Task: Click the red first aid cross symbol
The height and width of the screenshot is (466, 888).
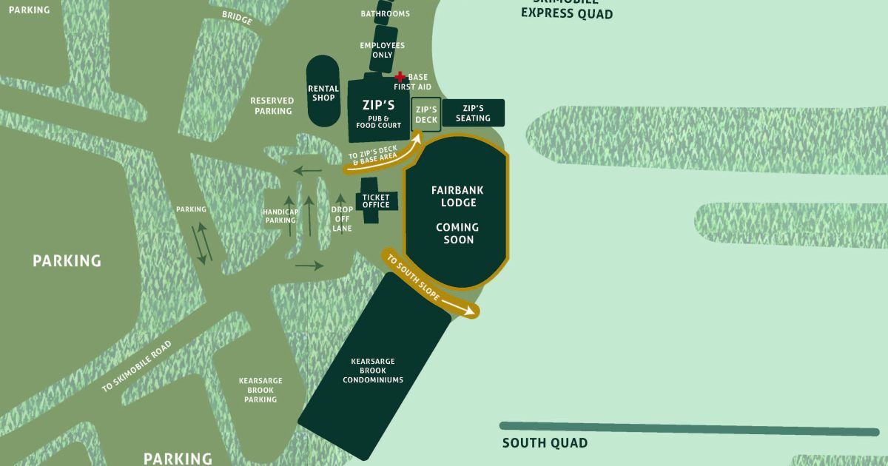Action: point(400,76)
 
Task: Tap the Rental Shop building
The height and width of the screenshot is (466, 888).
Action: point(323,91)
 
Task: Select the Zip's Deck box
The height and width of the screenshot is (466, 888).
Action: point(426,115)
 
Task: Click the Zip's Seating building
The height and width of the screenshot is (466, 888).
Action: point(473,112)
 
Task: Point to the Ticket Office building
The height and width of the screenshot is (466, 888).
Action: point(376,200)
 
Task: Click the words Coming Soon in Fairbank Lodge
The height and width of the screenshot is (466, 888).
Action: point(457,233)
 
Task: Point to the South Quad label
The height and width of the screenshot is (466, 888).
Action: point(545,443)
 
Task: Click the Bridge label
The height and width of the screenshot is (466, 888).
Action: point(237,18)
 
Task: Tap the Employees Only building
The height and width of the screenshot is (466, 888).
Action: point(383,50)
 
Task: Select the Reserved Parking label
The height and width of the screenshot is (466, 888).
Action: point(273,106)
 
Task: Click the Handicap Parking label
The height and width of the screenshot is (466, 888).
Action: point(280,216)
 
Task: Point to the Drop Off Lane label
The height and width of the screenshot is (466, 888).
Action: point(341,219)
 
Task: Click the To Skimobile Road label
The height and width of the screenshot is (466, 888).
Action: point(137,365)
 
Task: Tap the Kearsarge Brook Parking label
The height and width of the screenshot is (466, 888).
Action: point(260,390)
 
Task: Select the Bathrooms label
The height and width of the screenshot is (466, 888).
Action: point(385,13)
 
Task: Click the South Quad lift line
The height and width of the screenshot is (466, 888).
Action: point(688,428)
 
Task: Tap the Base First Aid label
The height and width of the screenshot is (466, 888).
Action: point(417,81)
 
